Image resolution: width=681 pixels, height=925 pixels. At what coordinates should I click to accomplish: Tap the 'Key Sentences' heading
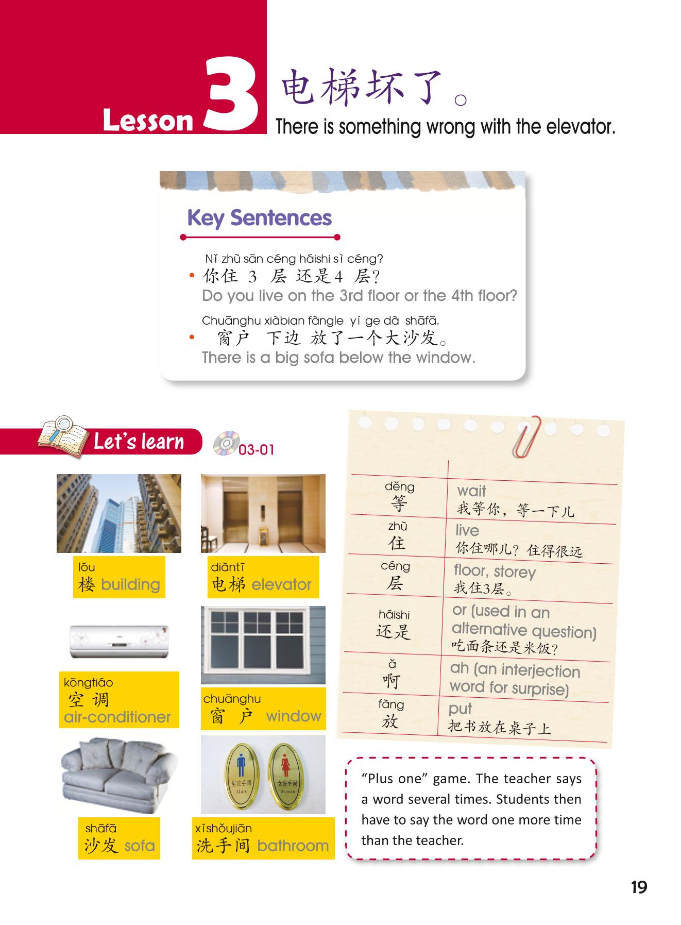(x=260, y=218)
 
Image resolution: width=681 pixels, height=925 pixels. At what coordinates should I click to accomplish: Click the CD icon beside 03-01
(x=227, y=443)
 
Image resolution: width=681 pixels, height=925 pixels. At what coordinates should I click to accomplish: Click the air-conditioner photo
(x=119, y=641)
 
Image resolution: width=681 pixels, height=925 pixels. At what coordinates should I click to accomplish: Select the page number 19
(x=639, y=887)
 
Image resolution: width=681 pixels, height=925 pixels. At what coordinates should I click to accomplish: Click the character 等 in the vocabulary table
(x=399, y=503)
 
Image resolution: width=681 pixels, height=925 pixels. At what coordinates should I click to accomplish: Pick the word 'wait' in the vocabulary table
(x=471, y=491)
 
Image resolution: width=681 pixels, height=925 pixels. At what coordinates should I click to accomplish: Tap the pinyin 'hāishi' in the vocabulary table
(x=394, y=614)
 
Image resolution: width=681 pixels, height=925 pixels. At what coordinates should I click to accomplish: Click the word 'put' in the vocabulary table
(x=460, y=709)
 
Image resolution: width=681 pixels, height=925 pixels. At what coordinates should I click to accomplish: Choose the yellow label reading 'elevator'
(x=263, y=577)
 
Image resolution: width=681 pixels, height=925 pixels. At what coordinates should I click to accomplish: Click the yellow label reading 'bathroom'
(x=263, y=838)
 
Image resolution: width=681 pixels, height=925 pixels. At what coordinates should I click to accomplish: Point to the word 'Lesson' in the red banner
(x=148, y=121)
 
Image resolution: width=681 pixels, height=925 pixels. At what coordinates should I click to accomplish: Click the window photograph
(x=263, y=645)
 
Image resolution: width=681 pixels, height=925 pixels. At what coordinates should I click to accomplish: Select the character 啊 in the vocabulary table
(x=391, y=681)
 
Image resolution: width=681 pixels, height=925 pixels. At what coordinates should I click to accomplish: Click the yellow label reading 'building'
(x=119, y=577)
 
